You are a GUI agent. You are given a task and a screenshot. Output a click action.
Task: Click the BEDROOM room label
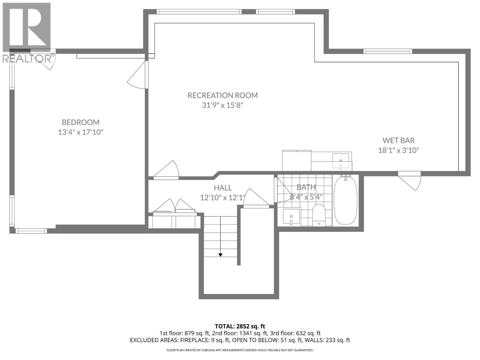tap(80, 122)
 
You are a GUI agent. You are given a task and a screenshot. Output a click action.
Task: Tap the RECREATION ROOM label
tap(223, 95)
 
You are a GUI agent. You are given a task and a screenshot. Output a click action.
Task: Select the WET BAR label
tap(398, 140)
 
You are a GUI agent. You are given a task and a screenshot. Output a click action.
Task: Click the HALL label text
tap(223, 187)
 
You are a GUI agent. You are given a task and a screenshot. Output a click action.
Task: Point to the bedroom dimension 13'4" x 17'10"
tap(80, 132)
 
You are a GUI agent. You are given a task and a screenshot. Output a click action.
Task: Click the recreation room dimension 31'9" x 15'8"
tap(223, 105)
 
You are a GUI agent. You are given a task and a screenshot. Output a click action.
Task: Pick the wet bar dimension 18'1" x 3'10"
tap(398, 150)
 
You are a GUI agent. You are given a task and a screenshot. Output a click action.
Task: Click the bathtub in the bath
tap(346, 200)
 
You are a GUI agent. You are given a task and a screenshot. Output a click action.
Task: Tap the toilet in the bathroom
tap(319, 214)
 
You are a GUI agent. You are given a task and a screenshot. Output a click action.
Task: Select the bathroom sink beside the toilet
tap(291, 216)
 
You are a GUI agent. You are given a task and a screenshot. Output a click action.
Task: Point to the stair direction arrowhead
tap(220, 255)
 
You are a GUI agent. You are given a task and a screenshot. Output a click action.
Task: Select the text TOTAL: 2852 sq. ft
tap(240, 326)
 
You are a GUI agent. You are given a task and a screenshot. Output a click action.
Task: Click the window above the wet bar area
tap(388, 51)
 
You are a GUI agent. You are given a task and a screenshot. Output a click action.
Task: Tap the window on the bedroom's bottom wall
tap(31, 231)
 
